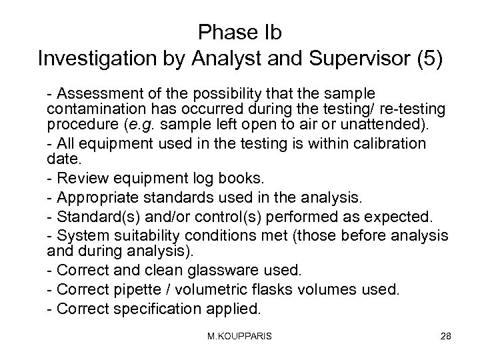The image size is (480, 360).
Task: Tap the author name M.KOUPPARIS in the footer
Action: tap(239, 337)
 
